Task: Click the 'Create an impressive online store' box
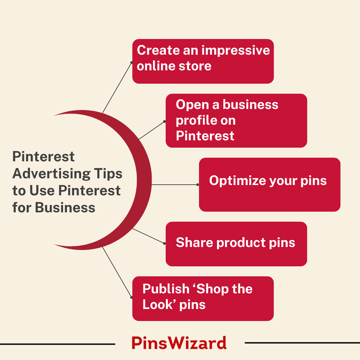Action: (203, 61)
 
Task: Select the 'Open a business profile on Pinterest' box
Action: (236, 121)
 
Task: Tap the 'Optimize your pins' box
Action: (270, 185)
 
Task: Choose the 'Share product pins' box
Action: (236, 244)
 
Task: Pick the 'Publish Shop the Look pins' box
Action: (203, 298)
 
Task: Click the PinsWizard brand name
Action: (179, 343)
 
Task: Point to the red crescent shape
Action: (144, 180)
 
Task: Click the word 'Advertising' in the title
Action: (51, 174)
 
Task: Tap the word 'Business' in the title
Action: (65, 208)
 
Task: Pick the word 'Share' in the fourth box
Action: (194, 242)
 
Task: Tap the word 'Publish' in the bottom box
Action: (166, 289)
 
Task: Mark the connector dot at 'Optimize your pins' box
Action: (198, 185)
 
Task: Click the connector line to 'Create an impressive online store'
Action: (117, 87)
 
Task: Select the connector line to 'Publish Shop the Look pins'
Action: (116, 271)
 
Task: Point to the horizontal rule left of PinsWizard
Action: (57, 344)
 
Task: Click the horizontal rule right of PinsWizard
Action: (302, 343)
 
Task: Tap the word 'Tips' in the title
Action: (108, 174)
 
